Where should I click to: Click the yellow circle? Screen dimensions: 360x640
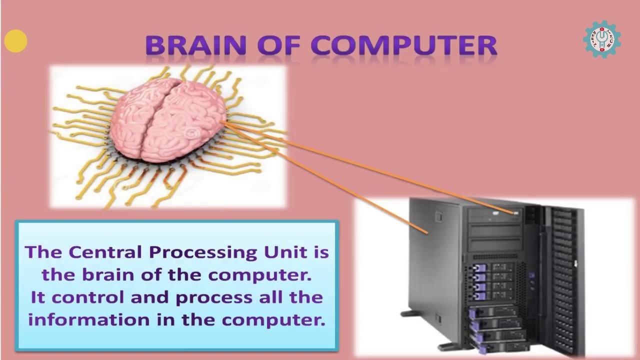click(x=15, y=41)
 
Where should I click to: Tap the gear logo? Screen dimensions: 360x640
click(x=602, y=39)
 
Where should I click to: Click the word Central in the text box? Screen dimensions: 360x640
click(x=106, y=251)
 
